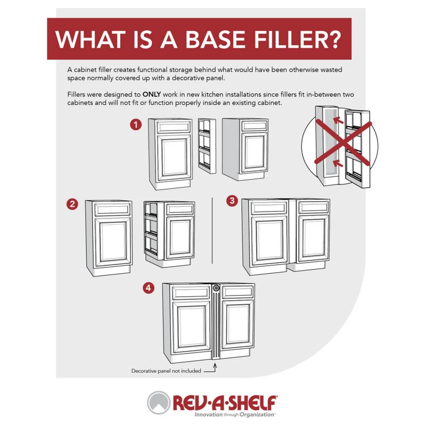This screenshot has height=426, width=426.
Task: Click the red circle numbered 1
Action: [137, 125]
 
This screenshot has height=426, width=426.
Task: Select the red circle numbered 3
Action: [231, 201]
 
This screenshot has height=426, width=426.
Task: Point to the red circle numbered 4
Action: [150, 288]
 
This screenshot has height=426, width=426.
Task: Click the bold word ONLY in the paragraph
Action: [153, 94]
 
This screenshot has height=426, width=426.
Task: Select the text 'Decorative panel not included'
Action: [166, 371]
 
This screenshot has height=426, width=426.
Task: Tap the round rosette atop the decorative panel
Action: [216, 288]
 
